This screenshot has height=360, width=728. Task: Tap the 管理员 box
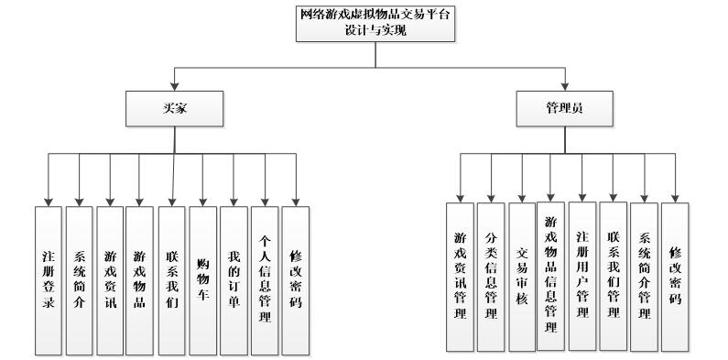point(562,109)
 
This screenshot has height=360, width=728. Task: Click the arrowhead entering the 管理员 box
point(561,91)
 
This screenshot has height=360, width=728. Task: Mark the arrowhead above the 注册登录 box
point(48,201)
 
